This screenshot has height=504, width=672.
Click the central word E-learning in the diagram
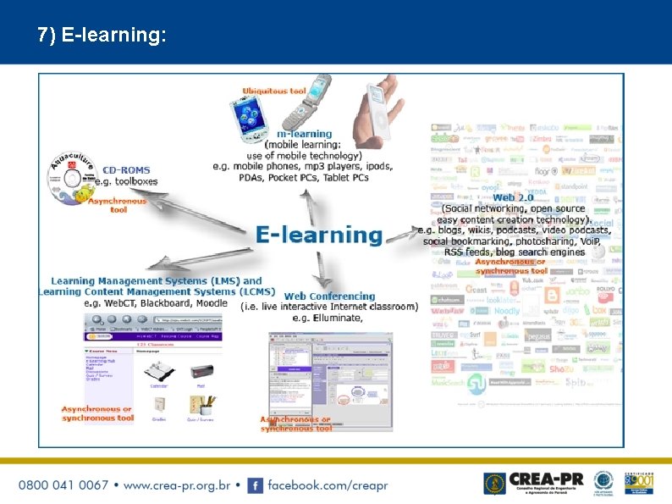(x=319, y=235)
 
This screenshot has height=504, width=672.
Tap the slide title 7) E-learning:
(x=102, y=35)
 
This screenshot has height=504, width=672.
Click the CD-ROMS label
(x=127, y=169)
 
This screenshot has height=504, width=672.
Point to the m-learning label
(x=305, y=134)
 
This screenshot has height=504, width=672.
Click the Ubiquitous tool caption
(x=274, y=91)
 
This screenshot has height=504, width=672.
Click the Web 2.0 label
(x=513, y=197)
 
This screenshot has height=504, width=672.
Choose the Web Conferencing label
(x=329, y=296)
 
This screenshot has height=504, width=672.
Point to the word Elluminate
(x=338, y=318)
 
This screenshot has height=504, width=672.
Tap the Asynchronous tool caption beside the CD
(x=118, y=205)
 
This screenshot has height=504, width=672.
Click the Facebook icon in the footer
(x=254, y=485)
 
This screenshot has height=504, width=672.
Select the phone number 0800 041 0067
(x=63, y=485)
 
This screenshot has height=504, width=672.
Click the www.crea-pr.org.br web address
(x=182, y=485)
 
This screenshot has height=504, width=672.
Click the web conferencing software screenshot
(x=329, y=374)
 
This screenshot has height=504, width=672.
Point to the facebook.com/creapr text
(x=328, y=485)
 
